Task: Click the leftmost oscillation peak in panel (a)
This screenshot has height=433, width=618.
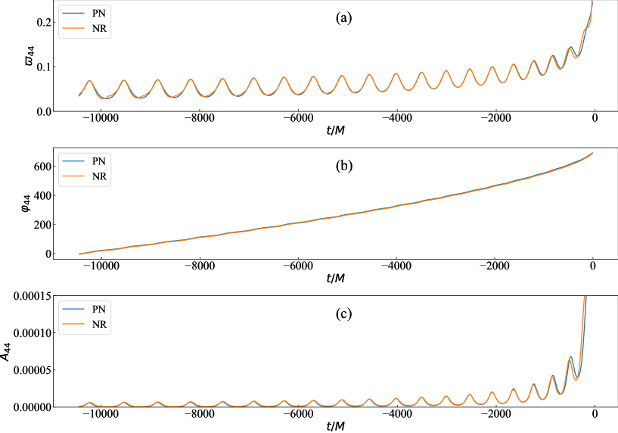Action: [89, 81]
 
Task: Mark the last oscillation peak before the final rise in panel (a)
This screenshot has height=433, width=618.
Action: [571, 48]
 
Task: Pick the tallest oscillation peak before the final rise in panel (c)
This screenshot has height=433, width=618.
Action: [571, 357]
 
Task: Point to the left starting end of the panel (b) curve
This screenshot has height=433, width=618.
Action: [79, 254]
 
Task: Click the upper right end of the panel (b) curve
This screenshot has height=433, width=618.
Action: [592, 153]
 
